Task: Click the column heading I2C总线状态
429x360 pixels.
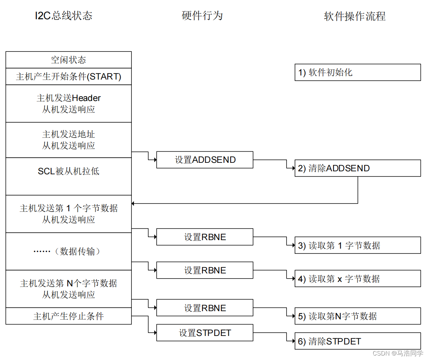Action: point(63,16)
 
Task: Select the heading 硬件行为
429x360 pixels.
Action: point(202,16)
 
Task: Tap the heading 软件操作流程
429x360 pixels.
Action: point(355,16)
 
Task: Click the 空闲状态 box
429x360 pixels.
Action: point(68,60)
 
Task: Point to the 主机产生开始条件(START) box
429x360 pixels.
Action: point(68,77)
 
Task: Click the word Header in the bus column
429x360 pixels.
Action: point(86,98)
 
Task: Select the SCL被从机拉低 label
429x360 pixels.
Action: point(68,171)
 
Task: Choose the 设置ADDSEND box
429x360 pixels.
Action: point(205,160)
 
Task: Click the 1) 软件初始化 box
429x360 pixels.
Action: point(358,73)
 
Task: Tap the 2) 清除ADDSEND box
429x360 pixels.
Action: point(358,168)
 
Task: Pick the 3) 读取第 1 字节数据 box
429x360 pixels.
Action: point(358,245)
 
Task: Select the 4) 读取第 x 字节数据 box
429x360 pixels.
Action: point(358,279)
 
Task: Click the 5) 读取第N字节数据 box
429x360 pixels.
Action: point(358,316)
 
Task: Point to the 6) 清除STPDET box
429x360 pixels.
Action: point(358,341)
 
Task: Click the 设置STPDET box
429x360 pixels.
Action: point(205,333)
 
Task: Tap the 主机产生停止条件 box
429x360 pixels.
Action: point(68,316)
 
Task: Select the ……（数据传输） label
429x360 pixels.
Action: point(68,252)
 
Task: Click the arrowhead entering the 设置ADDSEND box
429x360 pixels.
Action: point(154,160)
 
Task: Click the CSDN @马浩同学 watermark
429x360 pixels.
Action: point(398,353)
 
